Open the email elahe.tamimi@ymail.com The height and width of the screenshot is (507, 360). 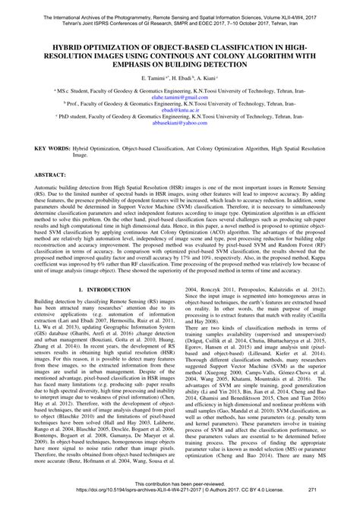(x=179, y=96)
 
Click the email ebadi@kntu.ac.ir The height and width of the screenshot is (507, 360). (x=179, y=111)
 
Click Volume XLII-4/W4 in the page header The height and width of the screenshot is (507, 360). (x=295, y=5)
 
